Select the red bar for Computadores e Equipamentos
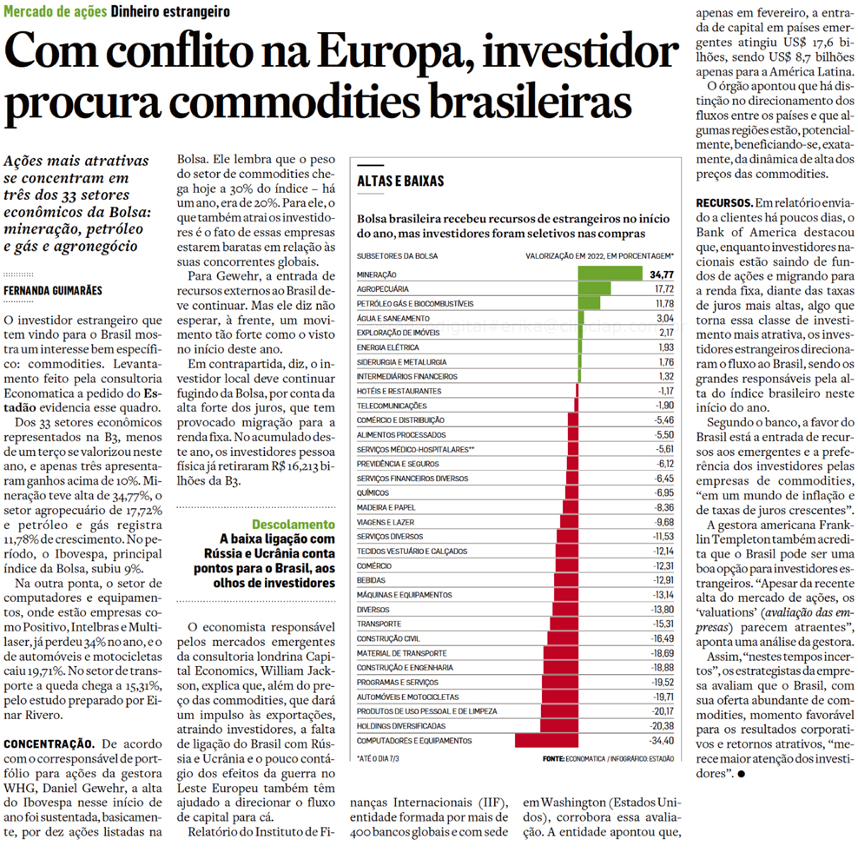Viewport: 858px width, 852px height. coord(546,741)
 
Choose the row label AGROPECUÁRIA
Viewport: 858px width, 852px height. coord(383,288)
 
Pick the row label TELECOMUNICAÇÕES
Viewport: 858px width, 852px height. coord(392,406)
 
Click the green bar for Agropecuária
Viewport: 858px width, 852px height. coord(594,288)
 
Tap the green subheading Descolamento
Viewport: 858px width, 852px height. coord(293,525)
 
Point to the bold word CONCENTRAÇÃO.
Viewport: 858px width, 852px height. coord(49,743)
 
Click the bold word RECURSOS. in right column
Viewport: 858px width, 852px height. coord(725,202)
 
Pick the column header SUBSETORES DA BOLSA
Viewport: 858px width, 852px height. coord(398,256)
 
